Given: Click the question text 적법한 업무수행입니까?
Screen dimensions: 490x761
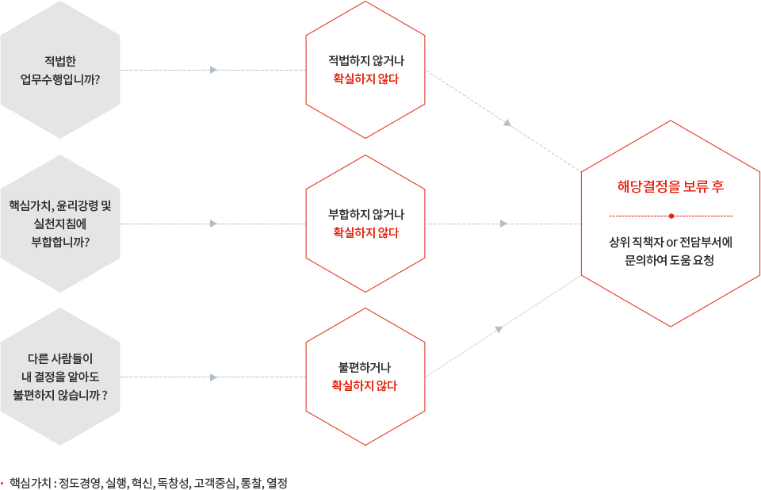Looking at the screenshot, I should pos(60,70).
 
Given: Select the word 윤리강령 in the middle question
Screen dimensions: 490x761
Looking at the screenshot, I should pos(75,205).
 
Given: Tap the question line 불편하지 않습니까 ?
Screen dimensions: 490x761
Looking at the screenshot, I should pos(60,394).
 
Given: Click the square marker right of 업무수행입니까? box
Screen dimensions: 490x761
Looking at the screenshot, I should pos(213,70).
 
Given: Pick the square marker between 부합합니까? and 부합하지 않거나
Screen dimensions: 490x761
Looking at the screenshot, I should pos(213,224).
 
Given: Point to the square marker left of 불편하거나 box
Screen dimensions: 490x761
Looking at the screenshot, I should pos(213,377).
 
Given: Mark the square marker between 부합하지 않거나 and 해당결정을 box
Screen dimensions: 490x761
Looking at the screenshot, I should pos(503,224).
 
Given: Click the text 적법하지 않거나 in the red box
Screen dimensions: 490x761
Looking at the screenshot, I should pos(365,60).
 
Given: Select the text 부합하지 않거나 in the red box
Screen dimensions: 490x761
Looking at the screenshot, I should pos(365,214).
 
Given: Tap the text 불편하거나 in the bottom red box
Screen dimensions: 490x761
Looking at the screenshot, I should pos(364,368).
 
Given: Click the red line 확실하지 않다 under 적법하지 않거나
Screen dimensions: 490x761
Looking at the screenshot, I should pos(365,79).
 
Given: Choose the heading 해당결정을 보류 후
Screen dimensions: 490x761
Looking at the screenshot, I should pos(671,187).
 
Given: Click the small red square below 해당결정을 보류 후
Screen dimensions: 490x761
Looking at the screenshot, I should pos(671,216).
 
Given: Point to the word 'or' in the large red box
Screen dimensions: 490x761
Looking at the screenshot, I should pos(670,241).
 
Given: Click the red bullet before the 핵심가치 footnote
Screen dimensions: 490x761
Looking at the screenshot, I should pos(2,482).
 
